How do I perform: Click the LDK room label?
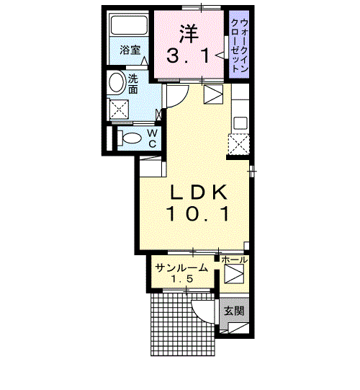point(199,192)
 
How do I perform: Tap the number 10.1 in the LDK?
point(199,213)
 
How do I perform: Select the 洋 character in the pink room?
point(189,33)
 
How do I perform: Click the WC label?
point(153,138)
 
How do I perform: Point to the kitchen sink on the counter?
point(240,123)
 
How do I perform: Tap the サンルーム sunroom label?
point(181,268)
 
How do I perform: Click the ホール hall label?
point(234,260)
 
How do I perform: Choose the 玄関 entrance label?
point(233,311)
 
